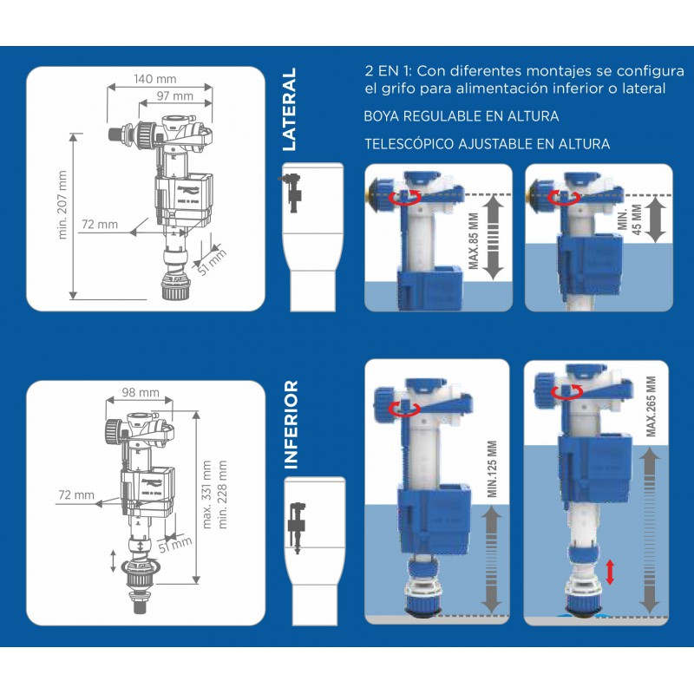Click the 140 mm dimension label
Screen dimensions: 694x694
(x=155, y=79)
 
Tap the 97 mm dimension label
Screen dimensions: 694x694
(x=175, y=95)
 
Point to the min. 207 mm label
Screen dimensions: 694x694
(x=62, y=205)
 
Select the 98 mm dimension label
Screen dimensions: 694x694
(x=141, y=392)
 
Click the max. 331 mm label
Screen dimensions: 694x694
(x=206, y=494)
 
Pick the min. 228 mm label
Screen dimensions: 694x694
(x=222, y=494)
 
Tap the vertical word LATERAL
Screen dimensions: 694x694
(x=289, y=109)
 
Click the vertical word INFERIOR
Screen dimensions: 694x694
(x=291, y=424)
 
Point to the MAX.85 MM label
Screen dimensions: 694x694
(x=473, y=241)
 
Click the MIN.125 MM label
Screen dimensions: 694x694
(x=492, y=469)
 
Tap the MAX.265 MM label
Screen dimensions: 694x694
(x=651, y=406)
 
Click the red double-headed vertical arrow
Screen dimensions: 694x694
(x=610, y=572)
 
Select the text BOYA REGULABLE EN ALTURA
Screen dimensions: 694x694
(x=462, y=116)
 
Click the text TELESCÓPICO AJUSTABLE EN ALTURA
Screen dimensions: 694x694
(x=488, y=144)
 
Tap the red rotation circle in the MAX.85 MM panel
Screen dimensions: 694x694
(x=405, y=198)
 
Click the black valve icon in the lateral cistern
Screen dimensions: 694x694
(x=291, y=191)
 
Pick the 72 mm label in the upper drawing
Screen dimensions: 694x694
(x=100, y=225)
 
